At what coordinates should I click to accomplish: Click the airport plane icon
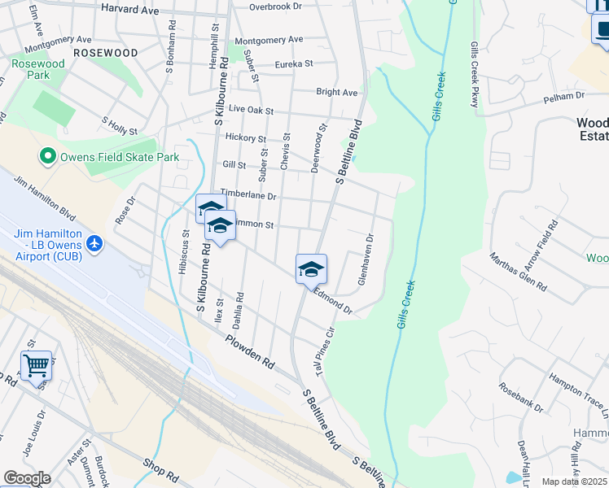coord(94,243)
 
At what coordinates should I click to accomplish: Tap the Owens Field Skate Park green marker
coord(48,156)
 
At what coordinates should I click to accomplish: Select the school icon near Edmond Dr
coord(311,268)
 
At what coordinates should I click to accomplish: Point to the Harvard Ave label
coord(129,8)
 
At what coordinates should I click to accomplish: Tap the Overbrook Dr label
coord(275,7)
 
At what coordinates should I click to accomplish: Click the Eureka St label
coord(293,63)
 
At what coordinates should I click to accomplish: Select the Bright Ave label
coord(337,93)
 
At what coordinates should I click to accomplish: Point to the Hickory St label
coord(246,139)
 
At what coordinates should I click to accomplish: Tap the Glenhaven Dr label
coord(365,259)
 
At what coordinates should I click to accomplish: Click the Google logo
coord(27,478)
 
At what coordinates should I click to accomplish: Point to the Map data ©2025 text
coord(574,481)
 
